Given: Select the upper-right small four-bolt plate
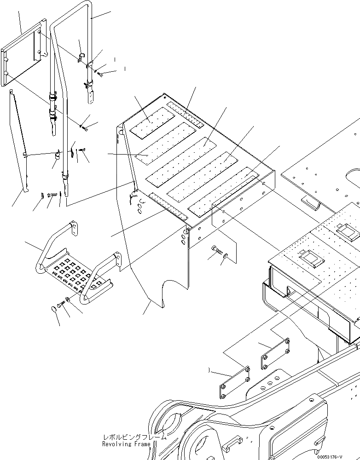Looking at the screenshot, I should pos(275,354).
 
